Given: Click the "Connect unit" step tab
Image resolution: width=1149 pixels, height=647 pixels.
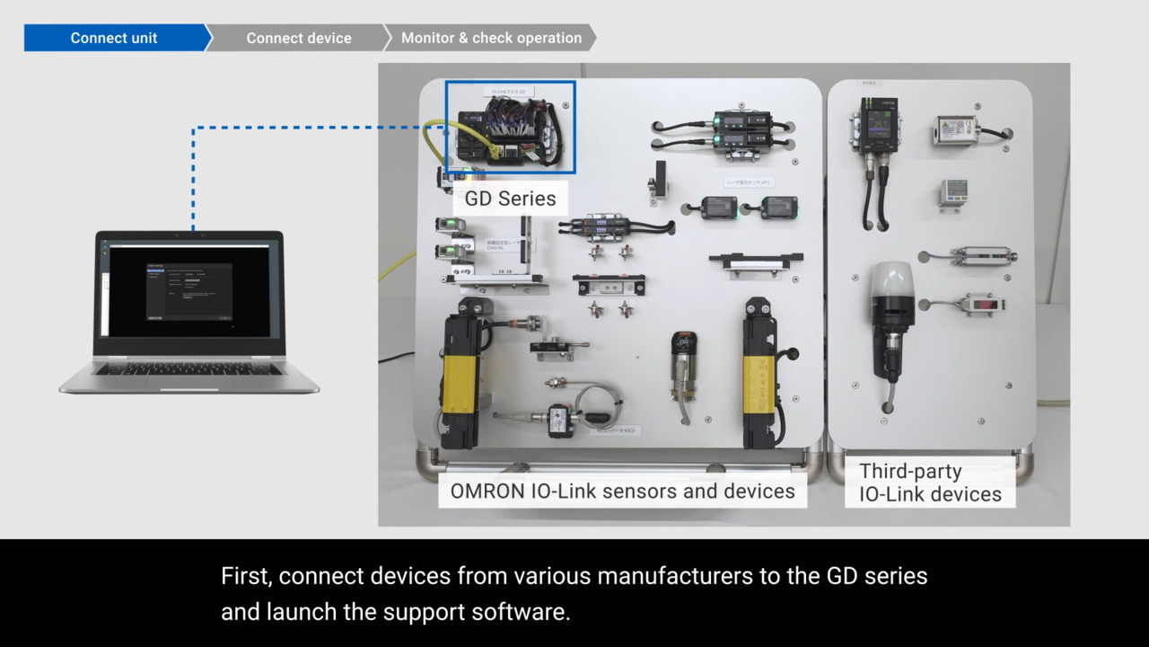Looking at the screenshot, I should click(114, 38).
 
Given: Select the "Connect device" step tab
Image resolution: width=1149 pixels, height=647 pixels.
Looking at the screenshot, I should click(299, 38).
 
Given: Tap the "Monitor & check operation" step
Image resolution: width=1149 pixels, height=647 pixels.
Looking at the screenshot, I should click(491, 38).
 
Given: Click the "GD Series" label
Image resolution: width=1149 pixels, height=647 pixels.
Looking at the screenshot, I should click(510, 199).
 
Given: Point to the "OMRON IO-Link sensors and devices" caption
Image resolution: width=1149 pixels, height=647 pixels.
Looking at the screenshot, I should click(622, 492).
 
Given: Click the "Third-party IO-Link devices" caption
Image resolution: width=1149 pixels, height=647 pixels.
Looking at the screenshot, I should click(930, 483).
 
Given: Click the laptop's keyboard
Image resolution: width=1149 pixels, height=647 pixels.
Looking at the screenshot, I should click(189, 368).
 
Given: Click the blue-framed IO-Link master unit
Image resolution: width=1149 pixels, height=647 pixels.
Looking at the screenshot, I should click(510, 128).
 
